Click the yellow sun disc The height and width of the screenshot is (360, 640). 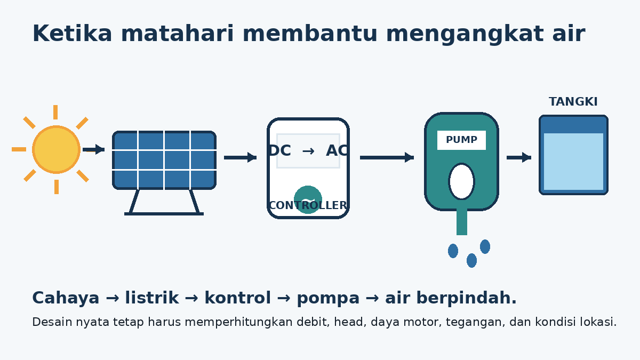click(56, 149)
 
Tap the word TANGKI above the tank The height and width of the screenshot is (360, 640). click(573, 102)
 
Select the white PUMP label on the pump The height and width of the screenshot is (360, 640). click(461, 140)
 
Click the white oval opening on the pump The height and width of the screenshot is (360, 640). click(461, 181)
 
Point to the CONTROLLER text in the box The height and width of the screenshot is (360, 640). click(308, 205)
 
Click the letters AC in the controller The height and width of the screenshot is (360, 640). click(337, 150)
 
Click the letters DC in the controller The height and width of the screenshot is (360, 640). click(279, 150)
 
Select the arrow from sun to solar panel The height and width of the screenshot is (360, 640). click(94, 149)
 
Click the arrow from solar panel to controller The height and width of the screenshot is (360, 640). click(241, 157)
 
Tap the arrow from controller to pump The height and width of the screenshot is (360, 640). click(387, 157)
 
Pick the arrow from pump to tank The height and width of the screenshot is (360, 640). click(519, 157)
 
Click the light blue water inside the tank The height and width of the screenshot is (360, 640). click(573, 162)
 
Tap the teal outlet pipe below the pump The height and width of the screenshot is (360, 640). click(462, 222)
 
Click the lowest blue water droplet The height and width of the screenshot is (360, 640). click(471, 261)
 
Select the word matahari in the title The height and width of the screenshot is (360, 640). click(178, 34)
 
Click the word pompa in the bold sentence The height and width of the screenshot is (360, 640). click(328, 299)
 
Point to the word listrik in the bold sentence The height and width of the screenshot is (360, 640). click(151, 298)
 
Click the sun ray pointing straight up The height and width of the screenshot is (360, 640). click(55, 112)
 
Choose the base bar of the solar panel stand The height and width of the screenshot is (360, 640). click(164, 214)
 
